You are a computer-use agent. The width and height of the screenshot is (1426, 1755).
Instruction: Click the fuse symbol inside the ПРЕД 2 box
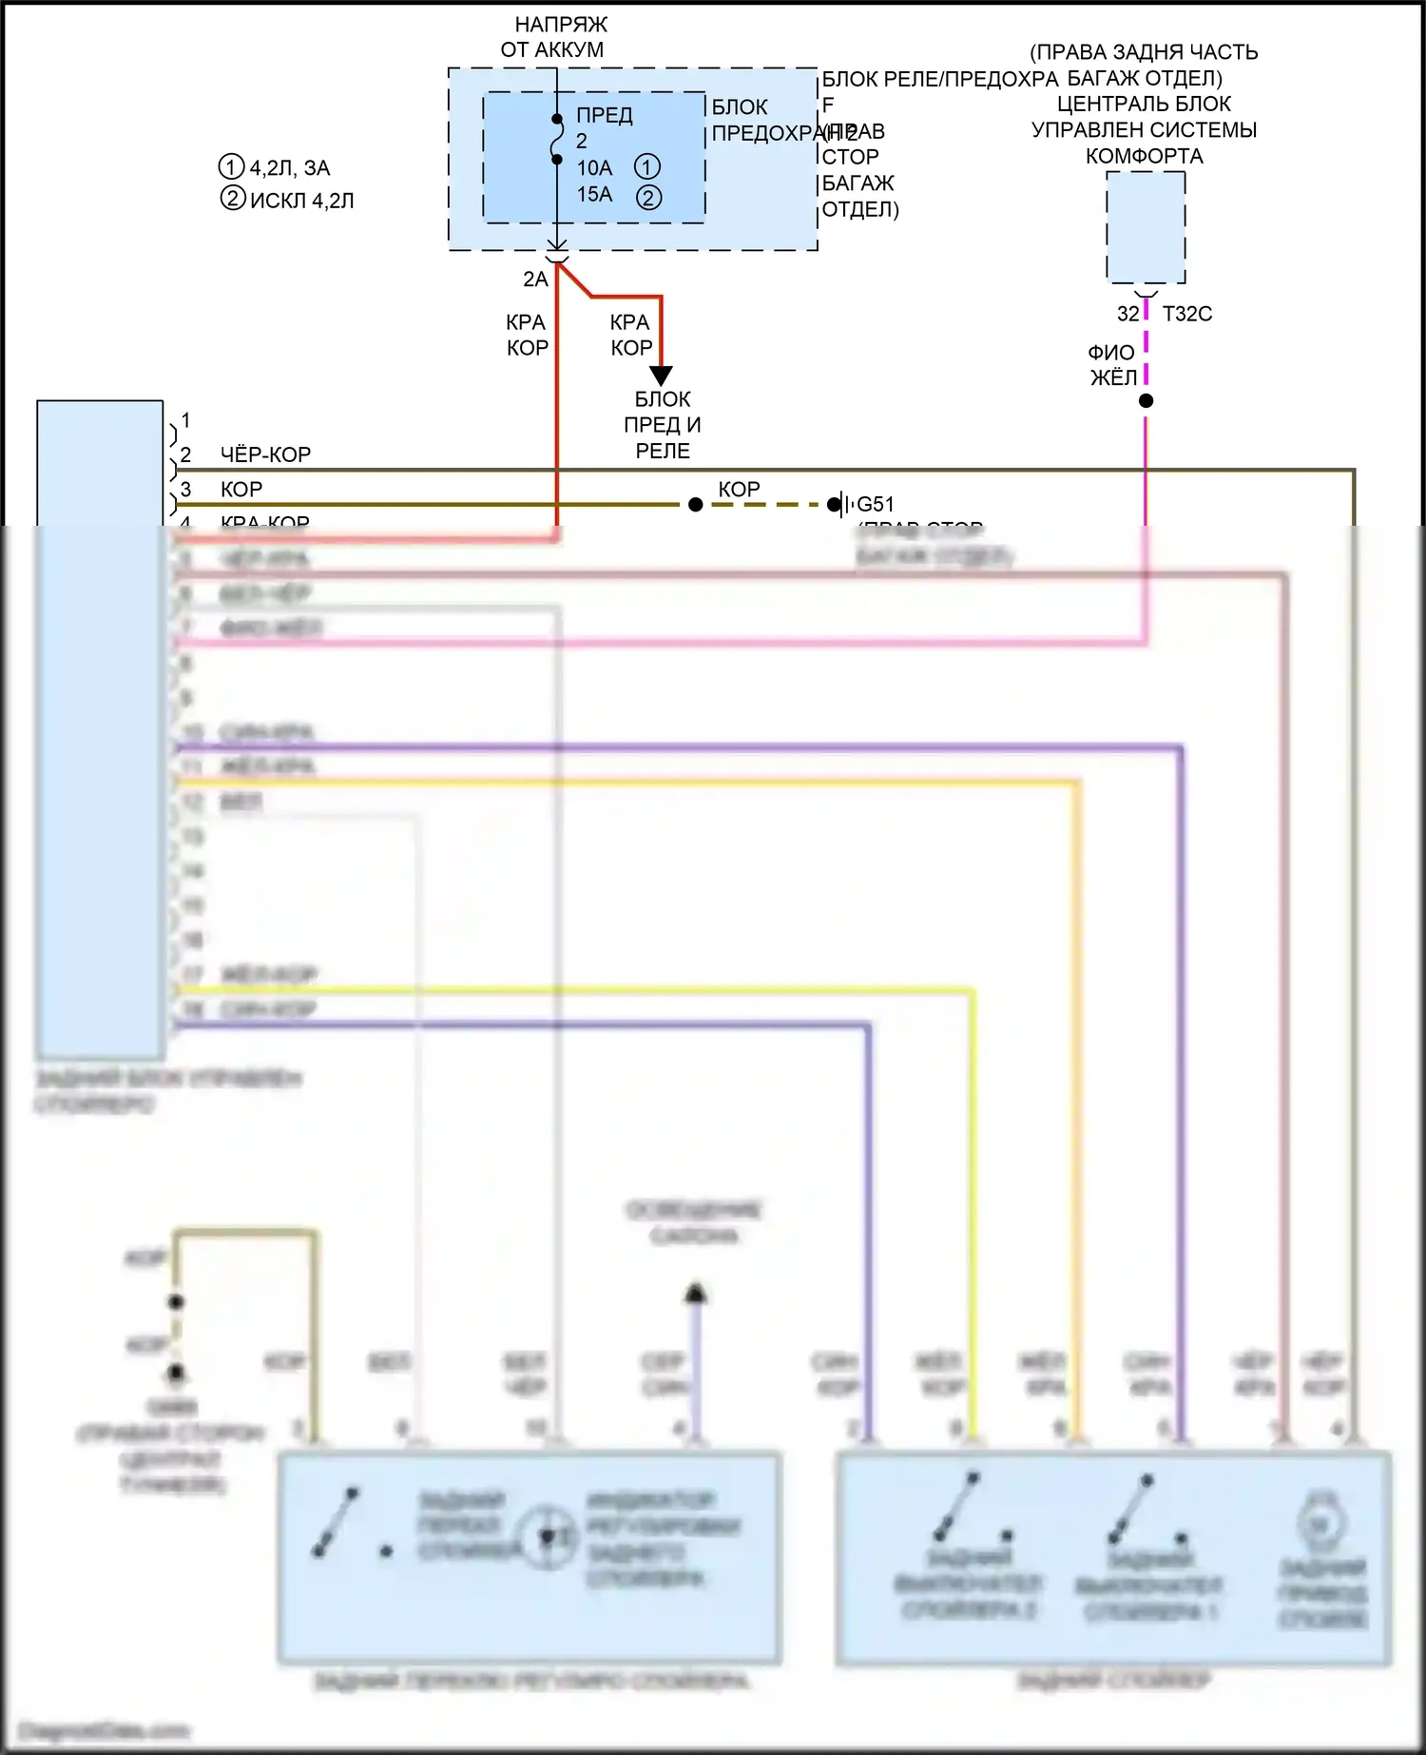557,139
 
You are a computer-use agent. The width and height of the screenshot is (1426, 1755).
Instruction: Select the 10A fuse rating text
594,168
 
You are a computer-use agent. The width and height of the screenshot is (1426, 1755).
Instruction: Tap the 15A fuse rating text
594,195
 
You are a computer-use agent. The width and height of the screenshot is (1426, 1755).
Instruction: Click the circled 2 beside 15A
648,197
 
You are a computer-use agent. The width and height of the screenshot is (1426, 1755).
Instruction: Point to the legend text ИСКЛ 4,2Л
301,201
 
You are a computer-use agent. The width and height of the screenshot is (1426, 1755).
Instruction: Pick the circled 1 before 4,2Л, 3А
232,167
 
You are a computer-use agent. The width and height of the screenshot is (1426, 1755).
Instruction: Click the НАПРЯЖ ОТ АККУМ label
557,37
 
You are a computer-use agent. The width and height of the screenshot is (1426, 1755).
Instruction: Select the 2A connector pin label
535,280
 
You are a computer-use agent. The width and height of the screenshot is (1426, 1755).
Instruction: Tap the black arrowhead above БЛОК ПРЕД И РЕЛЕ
661,376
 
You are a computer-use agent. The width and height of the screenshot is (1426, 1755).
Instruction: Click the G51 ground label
875,504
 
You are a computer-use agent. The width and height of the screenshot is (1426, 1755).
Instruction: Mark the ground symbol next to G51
838,504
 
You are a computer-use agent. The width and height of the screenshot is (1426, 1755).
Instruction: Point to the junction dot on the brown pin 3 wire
696,504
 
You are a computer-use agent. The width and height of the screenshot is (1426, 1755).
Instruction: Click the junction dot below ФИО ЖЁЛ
1147,401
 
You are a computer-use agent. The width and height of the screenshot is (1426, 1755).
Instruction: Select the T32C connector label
1187,314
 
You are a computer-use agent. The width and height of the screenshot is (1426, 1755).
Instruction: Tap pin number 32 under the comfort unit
1127,314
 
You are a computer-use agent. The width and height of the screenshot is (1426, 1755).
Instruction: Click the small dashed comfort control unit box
1146,227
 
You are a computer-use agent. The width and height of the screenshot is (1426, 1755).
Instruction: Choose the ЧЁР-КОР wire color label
265,454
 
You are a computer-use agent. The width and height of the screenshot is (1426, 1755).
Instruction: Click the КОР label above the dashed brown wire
739,489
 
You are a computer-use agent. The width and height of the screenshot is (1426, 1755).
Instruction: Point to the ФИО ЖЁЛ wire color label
1112,365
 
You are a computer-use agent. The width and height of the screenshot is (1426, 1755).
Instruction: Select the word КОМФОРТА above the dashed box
1145,156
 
